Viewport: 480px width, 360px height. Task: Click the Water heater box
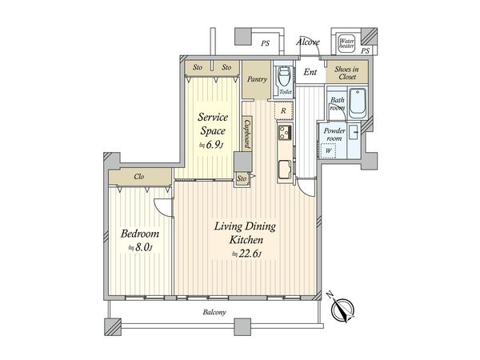[347, 45]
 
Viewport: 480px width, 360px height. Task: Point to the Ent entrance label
[310, 73]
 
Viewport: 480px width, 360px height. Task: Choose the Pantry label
[257, 79]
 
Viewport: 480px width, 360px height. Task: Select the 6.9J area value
[212, 144]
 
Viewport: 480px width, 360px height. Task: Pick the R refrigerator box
[284, 110]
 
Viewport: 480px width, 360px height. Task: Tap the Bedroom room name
[140, 234]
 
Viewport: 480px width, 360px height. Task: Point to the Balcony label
[214, 312]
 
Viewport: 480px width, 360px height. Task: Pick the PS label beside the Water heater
[365, 51]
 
